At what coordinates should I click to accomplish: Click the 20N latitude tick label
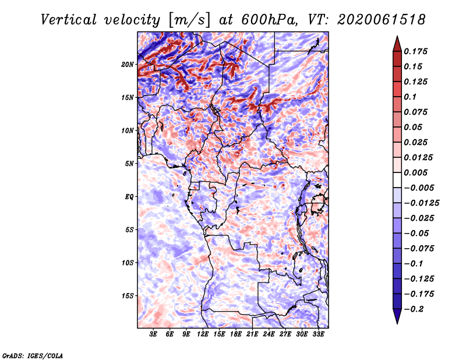coord(128,64)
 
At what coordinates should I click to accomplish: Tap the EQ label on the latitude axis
coord(129,197)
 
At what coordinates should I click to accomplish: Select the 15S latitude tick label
coord(128,296)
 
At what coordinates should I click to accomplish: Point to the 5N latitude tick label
coord(129,164)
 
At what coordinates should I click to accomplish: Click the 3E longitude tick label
coord(153,334)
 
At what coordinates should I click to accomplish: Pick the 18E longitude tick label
coord(236,334)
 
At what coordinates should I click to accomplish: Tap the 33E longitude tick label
coord(318,334)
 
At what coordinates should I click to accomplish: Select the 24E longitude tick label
coord(269,334)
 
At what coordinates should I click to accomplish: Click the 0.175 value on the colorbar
coord(415,51)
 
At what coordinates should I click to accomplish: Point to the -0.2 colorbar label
coord(414,309)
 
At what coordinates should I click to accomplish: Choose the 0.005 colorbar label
coord(415,172)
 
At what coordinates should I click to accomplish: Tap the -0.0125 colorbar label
coord(421,203)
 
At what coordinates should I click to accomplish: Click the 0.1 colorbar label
coord(410,97)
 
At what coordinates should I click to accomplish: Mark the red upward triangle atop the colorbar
coord(397,45)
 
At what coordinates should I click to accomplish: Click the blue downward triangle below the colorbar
coord(397,316)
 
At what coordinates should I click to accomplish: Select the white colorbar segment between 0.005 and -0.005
coord(397,180)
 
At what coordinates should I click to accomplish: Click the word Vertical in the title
coord(69,20)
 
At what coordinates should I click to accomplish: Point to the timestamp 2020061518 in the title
coord(382,20)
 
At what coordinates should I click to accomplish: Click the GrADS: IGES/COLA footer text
coord(33,356)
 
